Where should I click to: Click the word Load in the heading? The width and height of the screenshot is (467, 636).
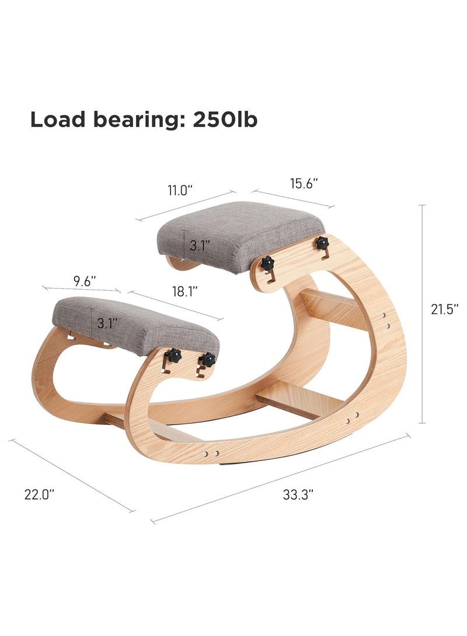point(58,120)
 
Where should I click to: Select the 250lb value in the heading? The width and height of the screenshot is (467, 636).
point(225,120)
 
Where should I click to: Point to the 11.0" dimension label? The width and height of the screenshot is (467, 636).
point(180,190)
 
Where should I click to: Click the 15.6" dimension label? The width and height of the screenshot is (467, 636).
point(304,184)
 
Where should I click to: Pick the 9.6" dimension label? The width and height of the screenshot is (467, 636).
point(85,282)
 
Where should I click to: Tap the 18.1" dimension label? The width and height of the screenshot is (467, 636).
point(185,291)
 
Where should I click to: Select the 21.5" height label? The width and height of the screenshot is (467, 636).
point(445,309)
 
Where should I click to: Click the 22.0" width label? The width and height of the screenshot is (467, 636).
point(39,494)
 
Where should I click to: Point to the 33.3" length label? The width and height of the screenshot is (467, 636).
point(298,494)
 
